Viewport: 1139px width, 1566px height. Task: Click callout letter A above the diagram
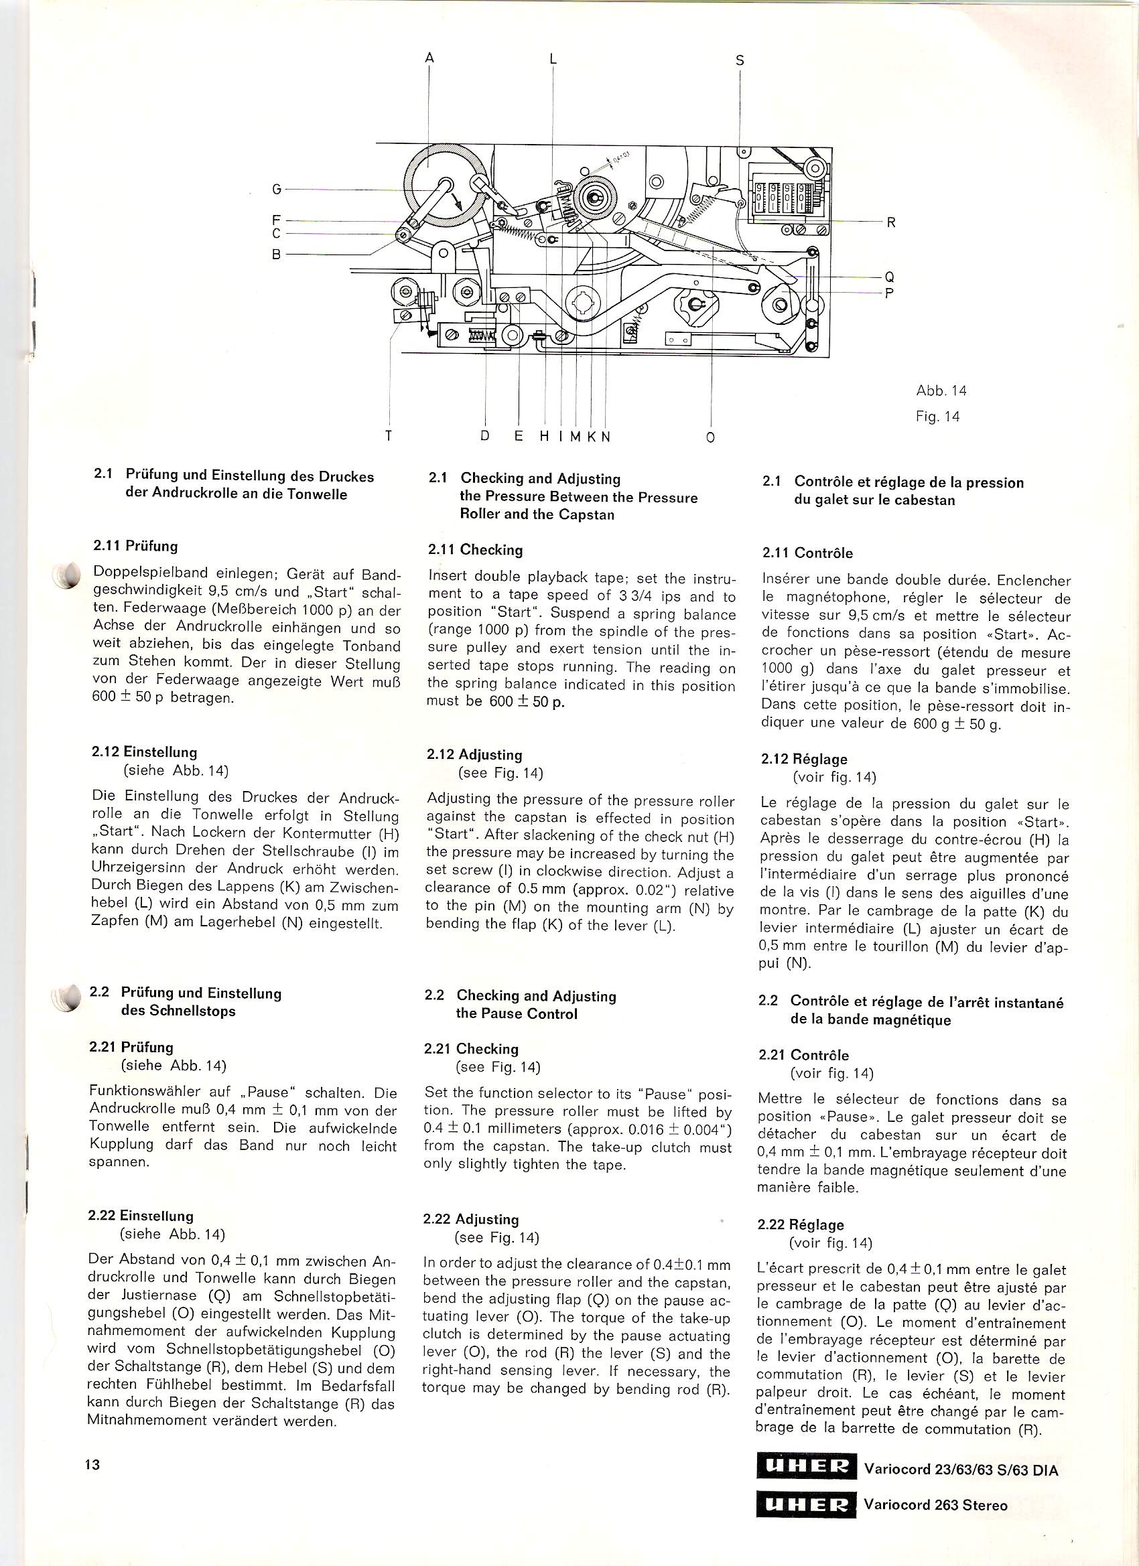(429, 58)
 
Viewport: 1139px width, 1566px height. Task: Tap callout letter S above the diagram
(740, 60)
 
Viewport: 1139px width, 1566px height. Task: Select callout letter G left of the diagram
(276, 189)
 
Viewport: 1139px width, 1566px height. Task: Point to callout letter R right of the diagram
(891, 223)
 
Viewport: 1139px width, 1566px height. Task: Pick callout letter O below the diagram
(711, 438)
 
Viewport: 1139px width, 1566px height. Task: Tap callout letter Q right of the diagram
(890, 277)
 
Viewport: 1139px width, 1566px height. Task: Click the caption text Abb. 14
(941, 390)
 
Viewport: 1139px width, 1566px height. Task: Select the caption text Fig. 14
(937, 417)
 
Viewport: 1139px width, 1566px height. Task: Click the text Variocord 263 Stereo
(935, 1505)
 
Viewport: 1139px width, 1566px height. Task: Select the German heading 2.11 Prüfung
(135, 546)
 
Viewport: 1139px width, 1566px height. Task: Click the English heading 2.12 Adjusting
(474, 755)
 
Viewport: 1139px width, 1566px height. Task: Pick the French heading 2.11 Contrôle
(807, 553)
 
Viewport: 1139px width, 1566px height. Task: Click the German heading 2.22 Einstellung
(141, 1216)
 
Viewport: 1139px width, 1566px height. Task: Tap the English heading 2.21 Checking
(471, 1049)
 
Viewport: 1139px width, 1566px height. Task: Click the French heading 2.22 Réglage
(801, 1225)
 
